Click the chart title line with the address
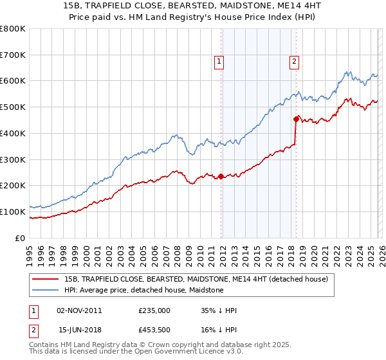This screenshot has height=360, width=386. (x=193, y=6)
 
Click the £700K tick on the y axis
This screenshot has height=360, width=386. (x=13, y=55)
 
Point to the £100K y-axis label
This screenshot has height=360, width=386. (x=13, y=212)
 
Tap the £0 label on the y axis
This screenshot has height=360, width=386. (x=20, y=238)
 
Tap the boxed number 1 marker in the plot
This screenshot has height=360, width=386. (x=219, y=62)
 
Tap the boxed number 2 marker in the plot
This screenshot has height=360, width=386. (x=294, y=62)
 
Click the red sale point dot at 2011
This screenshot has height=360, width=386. (x=221, y=176)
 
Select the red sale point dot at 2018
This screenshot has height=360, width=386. (x=296, y=119)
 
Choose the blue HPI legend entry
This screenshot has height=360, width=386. (x=143, y=290)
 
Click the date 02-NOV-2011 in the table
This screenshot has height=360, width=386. (x=79, y=310)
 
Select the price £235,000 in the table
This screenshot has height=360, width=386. (x=154, y=310)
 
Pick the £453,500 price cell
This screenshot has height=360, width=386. (x=154, y=330)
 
